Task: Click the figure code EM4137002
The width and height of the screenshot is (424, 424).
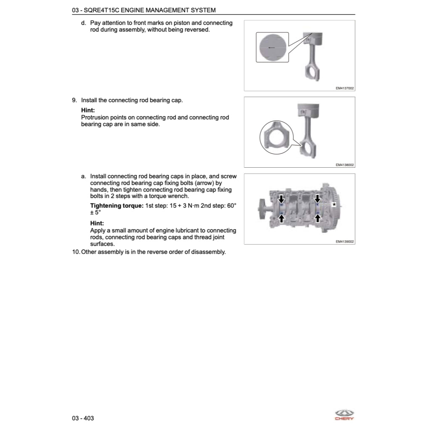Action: coord(345,88)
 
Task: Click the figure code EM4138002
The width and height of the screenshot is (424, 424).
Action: coord(345,165)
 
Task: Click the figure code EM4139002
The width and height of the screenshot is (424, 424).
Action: coord(345,242)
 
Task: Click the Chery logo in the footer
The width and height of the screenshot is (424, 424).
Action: coord(344,415)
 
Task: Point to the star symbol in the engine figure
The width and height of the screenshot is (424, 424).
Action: coord(334,204)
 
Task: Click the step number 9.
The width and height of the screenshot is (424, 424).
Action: coord(74,100)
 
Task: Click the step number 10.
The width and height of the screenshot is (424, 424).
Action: coord(75,252)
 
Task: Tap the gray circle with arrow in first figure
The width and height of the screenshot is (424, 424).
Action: coord(272,47)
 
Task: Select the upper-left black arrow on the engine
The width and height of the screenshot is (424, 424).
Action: coord(282,198)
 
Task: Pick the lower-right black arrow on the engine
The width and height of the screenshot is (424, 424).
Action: coord(318,217)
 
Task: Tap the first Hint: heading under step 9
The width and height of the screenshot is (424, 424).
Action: coord(88,110)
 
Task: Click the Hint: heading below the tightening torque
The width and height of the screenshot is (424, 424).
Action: coord(97,223)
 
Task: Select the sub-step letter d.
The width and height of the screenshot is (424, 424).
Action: coord(83,23)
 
